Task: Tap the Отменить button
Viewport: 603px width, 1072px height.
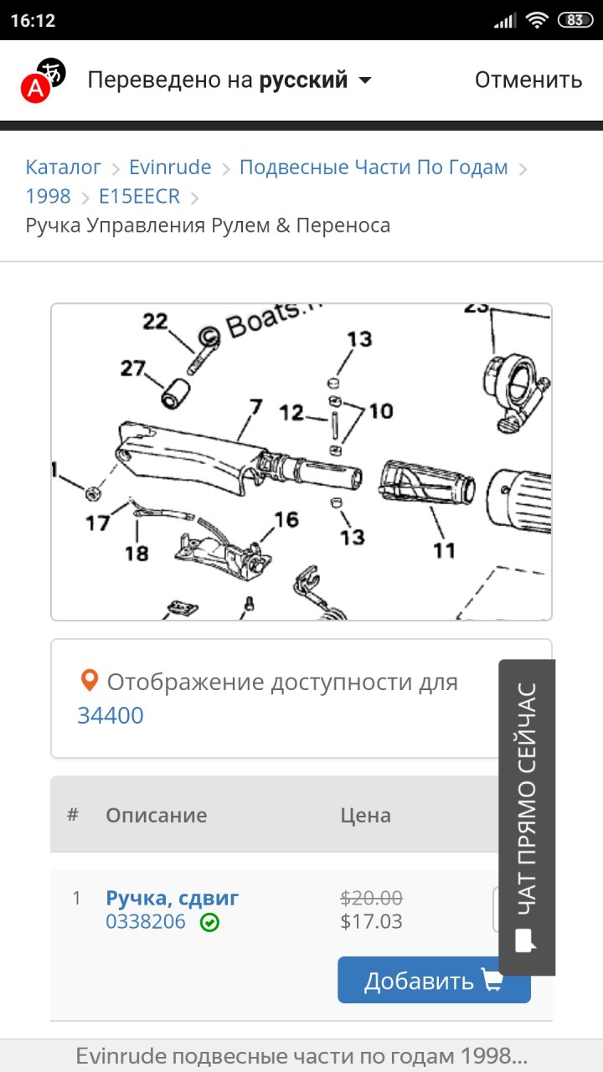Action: point(528,80)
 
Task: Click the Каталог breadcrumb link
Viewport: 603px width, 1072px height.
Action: point(63,167)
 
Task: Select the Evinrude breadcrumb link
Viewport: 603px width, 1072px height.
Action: point(170,167)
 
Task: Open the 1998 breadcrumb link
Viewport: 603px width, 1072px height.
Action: point(48,196)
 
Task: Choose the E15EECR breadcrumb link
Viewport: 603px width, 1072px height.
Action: point(139,196)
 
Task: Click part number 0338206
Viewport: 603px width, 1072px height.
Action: point(146,922)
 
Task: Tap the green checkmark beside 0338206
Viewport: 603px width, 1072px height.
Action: point(209,922)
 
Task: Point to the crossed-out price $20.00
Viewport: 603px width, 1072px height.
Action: point(371,898)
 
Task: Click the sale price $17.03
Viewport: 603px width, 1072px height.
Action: point(371,922)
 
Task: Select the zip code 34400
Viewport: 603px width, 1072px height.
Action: point(111,715)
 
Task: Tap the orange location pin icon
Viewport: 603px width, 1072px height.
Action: point(90,680)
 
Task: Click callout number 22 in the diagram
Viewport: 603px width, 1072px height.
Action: point(155,321)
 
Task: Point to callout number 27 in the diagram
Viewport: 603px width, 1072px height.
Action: point(132,368)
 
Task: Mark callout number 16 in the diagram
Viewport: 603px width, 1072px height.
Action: point(286,520)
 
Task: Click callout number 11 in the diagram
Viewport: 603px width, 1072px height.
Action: point(444,550)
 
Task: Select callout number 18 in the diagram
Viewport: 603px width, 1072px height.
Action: point(137,554)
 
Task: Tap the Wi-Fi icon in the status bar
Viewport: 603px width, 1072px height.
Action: point(537,20)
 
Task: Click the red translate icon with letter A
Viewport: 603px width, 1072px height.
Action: point(35,88)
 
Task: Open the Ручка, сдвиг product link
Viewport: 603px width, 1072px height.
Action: point(173,898)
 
